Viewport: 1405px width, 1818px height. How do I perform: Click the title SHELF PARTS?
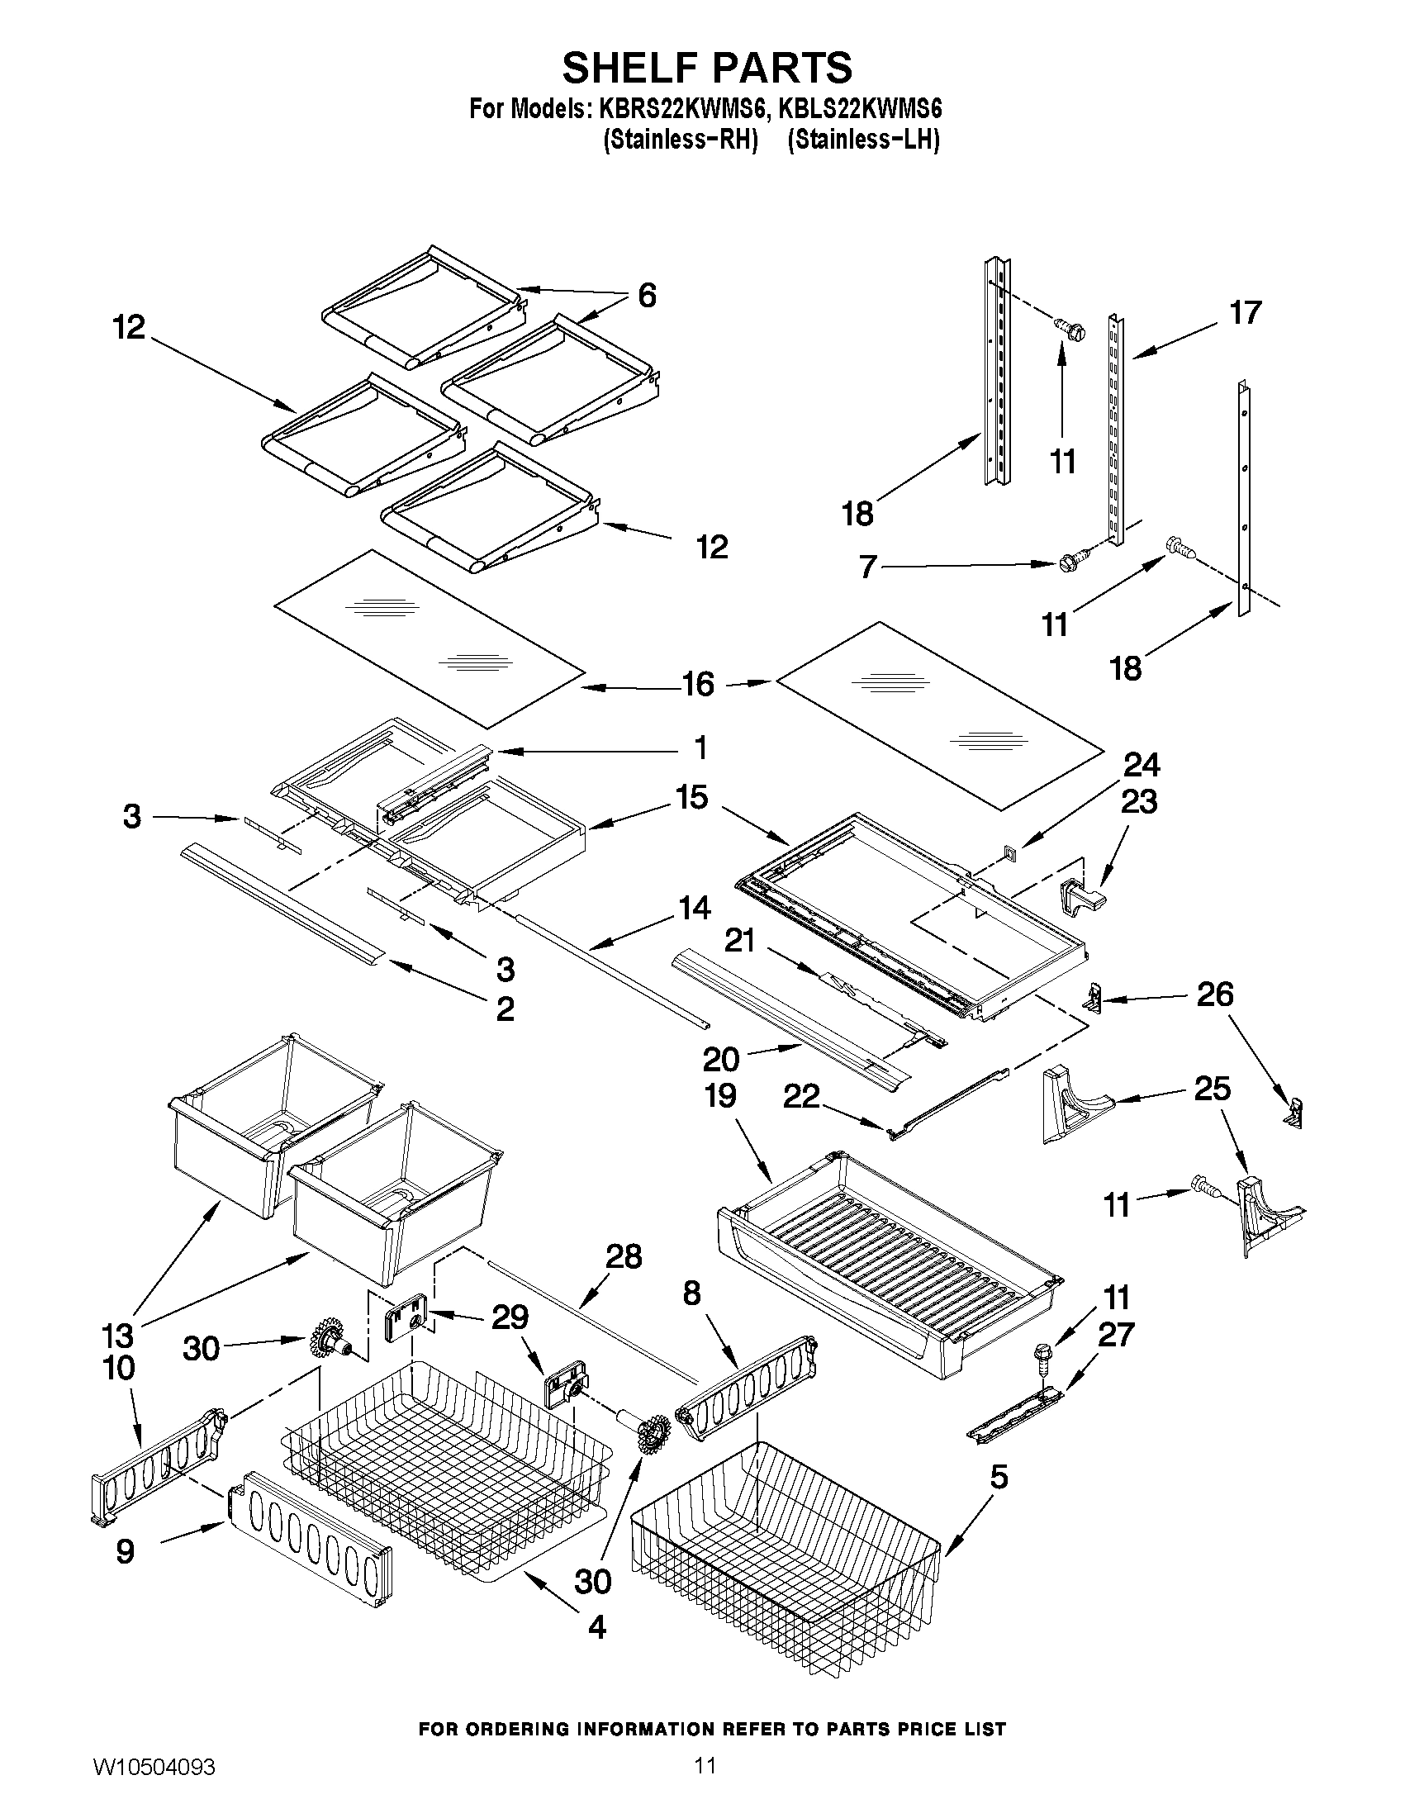(707, 68)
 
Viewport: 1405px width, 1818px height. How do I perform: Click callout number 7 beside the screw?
(867, 567)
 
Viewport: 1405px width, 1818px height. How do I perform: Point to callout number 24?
(1142, 765)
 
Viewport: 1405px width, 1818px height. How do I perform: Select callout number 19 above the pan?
(720, 1097)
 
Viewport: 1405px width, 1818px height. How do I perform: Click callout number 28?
(624, 1257)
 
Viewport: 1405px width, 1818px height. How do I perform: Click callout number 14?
(693, 909)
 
